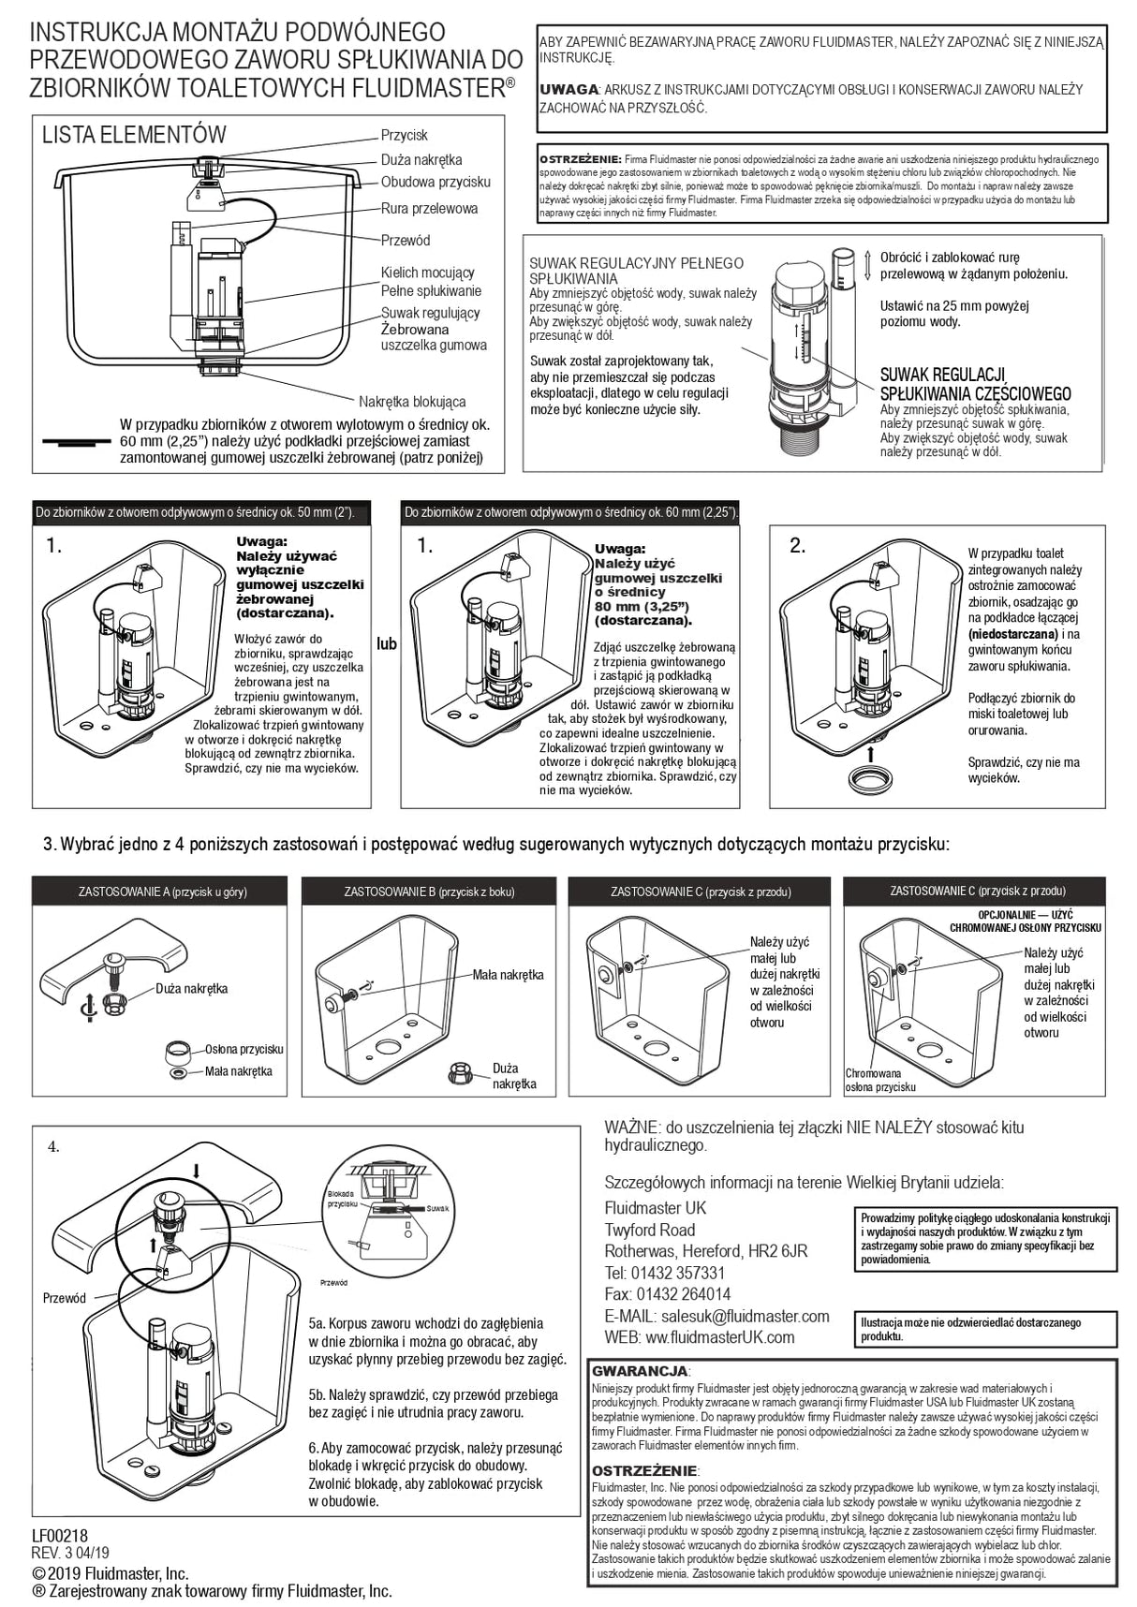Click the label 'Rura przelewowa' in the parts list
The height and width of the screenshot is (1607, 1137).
pyautogui.click(x=429, y=209)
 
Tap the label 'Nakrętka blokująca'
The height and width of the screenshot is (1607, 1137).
pyautogui.click(x=412, y=402)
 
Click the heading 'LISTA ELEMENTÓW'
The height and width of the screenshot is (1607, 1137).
pyautogui.click(x=134, y=135)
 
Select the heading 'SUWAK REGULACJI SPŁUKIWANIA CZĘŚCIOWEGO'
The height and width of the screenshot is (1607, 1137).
pyautogui.click(x=974, y=385)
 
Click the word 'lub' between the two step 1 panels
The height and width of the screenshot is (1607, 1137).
pyautogui.click(x=387, y=644)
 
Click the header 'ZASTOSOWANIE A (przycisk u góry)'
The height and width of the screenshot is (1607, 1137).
pyautogui.click(x=162, y=892)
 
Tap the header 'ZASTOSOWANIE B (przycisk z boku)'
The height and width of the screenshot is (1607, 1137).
pyautogui.click(x=430, y=892)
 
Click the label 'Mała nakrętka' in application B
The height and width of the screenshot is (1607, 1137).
pyautogui.click(x=508, y=975)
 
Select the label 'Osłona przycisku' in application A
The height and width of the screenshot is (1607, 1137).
pyautogui.click(x=244, y=1049)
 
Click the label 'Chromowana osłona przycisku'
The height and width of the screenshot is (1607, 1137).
pyautogui.click(x=879, y=1081)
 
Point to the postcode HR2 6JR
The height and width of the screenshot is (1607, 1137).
pyautogui.click(x=776, y=1251)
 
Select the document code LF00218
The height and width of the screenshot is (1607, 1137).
pyautogui.click(x=59, y=1536)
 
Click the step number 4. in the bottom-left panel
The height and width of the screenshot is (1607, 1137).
pyautogui.click(x=53, y=1146)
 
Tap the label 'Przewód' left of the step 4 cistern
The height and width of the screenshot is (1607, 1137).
pyautogui.click(x=64, y=1298)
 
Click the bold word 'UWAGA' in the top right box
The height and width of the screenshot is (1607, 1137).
pyautogui.click(x=569, y=89)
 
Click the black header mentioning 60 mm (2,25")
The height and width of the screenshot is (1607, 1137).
pyautogui.click(x=570, y=512)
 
